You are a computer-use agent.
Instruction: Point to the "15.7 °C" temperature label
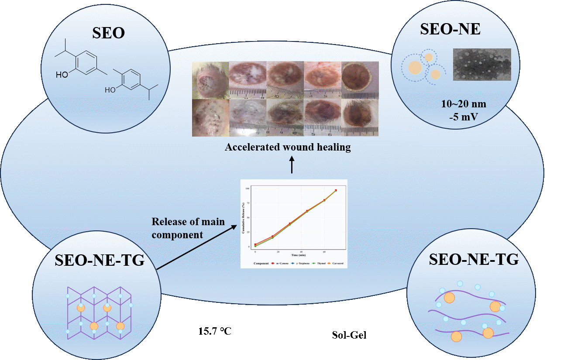tap(214, 332)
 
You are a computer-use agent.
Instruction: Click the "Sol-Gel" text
tap(349, 335)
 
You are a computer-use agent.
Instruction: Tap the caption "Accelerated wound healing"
tap(288, 147)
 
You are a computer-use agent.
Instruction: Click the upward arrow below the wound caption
tap(292, 166)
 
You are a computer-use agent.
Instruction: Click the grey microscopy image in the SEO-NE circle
tap(482, 64)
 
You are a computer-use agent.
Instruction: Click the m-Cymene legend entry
tap(278, 263)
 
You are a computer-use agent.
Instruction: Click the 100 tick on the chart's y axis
tap(247, 189)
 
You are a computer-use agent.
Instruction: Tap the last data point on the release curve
tap(336, 190)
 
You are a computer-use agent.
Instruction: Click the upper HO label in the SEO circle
tap(62, 75)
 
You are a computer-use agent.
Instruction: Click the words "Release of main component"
tap(188, 228)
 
